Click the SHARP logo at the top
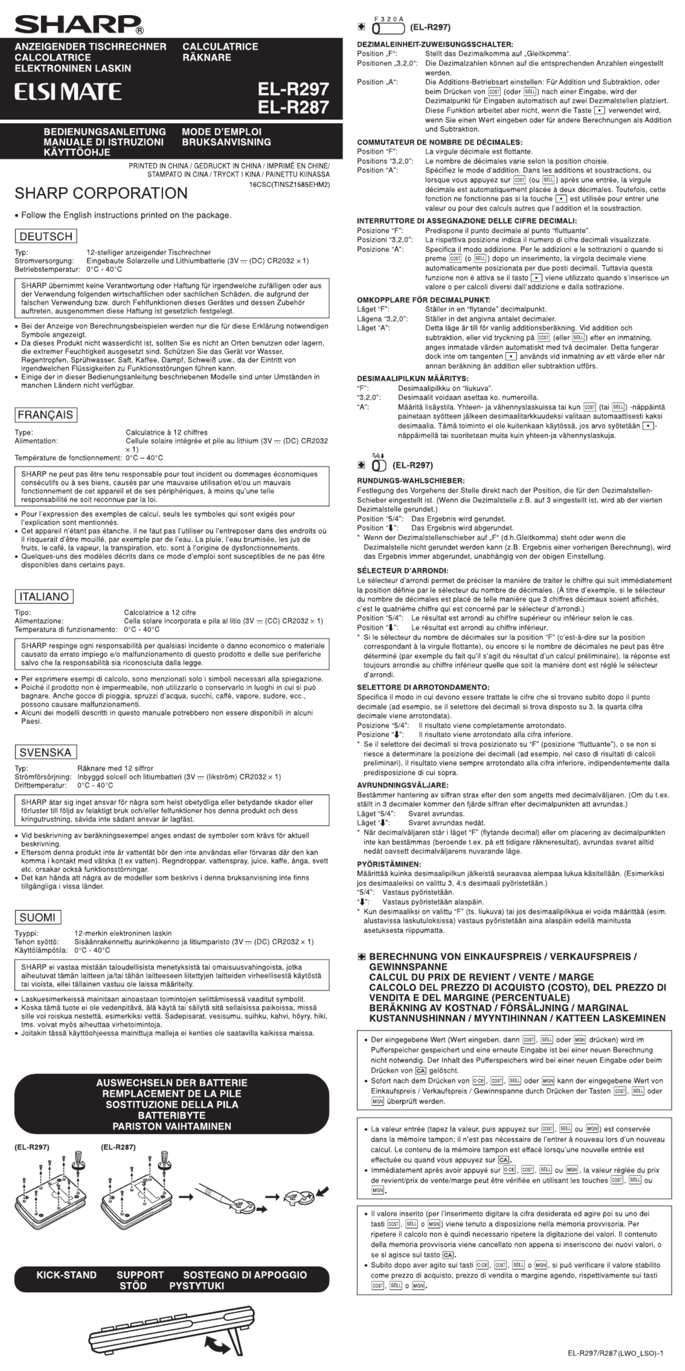79,24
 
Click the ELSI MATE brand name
68,92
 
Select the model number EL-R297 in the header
293,88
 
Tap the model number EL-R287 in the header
293,108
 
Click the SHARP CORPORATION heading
101,193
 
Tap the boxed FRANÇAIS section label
46,414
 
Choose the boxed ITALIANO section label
44,597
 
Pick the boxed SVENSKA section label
45,752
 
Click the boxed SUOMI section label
38,917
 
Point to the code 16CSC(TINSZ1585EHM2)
290,185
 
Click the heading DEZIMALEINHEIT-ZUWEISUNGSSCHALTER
435,44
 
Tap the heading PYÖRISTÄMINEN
389,864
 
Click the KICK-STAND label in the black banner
67,1275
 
